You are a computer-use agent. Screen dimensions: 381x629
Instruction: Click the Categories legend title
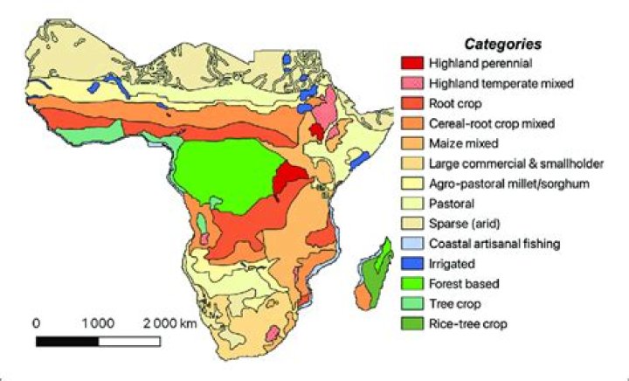click(x=503, y=43)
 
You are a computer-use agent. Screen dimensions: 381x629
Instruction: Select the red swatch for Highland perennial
click(x=412, y=64)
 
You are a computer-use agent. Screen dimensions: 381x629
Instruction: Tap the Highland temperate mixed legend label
click(x=500, y=84)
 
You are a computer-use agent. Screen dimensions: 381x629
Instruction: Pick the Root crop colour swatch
click(x=412, y=103)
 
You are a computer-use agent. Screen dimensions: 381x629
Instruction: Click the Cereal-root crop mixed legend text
click(x=492, y=123)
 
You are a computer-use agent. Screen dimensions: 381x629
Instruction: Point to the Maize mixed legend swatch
click(x=412, y=143)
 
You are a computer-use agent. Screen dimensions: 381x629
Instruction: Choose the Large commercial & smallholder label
click(x=515, y=163)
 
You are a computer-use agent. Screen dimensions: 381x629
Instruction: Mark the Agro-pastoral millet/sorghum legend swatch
click(x=412, y=184)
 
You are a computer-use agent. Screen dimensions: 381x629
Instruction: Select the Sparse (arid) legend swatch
click(x=412, y=224)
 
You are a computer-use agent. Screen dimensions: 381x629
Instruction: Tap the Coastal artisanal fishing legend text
click(x=494, y=244)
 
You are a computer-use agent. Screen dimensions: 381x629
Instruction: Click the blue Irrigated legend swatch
click(x=412, y=264)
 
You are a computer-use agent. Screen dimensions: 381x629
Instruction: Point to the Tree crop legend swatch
click(x=412, y=303)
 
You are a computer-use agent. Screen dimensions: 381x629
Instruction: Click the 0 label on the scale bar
click(x=36, y=322)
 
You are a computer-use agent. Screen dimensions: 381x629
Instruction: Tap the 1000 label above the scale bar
click(x=99, y=322)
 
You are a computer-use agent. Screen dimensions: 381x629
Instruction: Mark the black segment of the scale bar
click(x=67, y=339)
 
